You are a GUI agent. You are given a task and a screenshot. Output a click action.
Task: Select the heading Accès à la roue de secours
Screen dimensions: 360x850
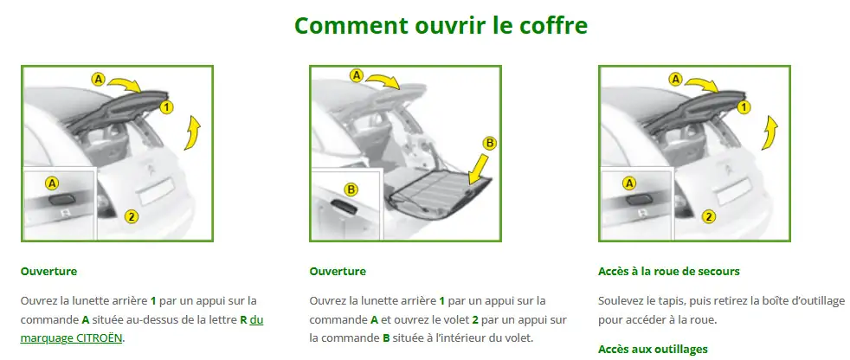pos(668,271)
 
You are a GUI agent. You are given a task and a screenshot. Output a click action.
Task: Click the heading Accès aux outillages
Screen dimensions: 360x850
pos(653,349)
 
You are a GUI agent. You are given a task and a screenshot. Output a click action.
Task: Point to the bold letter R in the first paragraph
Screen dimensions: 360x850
pos(243,319)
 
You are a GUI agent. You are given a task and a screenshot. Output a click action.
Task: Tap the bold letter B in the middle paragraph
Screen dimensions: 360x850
pos(386,337)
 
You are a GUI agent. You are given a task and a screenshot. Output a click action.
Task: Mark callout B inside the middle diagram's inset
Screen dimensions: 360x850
pos(351,189)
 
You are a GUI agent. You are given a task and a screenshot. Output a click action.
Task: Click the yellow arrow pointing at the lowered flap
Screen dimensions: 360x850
pos(477,170)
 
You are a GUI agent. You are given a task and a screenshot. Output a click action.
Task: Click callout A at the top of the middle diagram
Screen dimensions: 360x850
pos(356,75)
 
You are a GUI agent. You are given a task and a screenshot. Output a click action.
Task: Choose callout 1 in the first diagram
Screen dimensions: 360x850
pos(167,106)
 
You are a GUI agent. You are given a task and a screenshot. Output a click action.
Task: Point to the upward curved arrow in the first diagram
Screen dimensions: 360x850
pos(192,135)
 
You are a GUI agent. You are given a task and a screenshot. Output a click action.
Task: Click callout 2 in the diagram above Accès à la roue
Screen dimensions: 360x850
pos(708,216)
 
